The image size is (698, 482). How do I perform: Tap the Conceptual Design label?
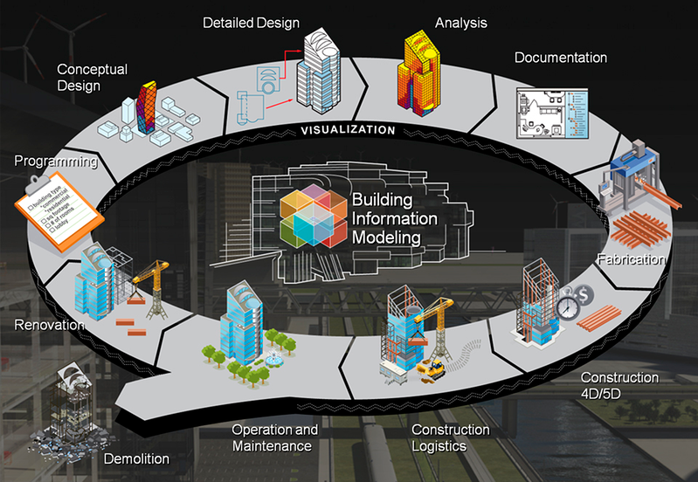(92, 77)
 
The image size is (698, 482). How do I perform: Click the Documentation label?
(560, 59)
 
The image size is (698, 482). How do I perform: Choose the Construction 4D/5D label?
(619, 385)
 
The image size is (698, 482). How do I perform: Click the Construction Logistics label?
(450, 438)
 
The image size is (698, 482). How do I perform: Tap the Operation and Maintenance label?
(274, 437)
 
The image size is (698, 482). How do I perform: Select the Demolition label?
(136, 458)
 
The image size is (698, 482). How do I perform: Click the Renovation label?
(49, 325)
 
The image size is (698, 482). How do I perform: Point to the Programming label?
(54, 162)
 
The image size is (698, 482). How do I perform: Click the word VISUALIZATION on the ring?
(348, 131)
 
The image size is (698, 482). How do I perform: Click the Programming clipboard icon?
(51, 206)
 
